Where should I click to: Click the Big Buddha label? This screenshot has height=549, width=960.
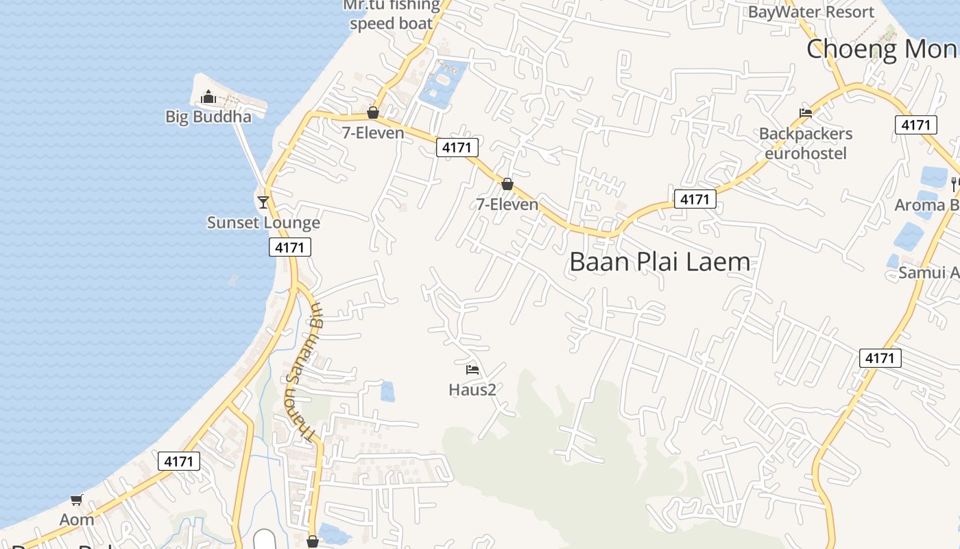click(208, 117)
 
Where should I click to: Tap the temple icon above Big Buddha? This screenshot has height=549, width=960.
click(208, 97)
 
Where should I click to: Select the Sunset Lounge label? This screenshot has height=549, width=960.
click(263, 222)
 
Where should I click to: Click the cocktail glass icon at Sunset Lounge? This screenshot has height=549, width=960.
click(263, 202)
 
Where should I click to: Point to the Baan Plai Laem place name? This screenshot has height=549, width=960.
click(660, 262)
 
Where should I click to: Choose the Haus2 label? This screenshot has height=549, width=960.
click(472, 390)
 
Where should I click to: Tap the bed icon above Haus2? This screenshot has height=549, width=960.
click(472, 370)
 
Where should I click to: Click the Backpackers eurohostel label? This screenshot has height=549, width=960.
click(806, 143)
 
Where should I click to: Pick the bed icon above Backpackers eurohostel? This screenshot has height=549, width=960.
click(806, 113)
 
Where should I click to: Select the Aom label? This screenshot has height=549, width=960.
click(77, 519)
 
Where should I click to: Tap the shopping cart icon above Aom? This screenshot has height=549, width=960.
click(77, 500)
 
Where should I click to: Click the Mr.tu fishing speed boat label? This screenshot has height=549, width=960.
click(392, 15)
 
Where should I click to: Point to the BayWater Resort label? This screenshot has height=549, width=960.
click(811, 12)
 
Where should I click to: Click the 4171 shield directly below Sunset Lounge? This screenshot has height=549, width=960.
click(290, 247)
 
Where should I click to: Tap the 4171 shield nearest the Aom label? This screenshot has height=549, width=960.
click(179, 461)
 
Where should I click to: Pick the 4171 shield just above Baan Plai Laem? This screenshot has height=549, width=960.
click(695, 199)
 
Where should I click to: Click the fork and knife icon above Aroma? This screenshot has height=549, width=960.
click(955, 184)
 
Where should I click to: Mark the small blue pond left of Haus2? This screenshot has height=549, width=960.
click(387, 391)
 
